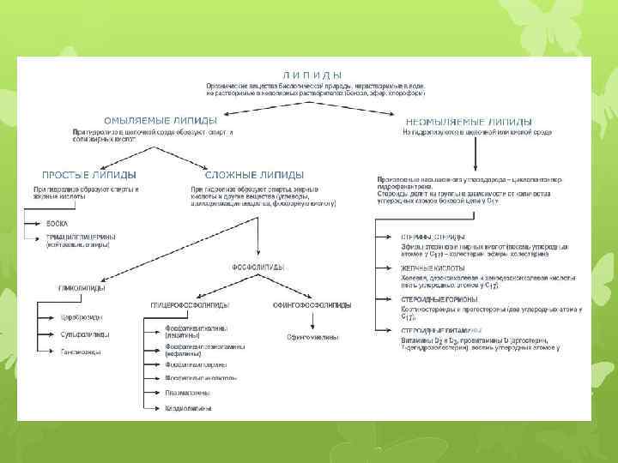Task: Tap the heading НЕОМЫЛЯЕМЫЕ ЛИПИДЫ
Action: point(468,122)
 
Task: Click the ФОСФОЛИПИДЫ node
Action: point(255,267)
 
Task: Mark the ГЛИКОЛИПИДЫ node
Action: point(78,289)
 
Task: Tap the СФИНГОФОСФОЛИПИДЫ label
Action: point(312,305)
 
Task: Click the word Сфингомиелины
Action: point(312,338)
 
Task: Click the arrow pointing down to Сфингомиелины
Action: point(312,321)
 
